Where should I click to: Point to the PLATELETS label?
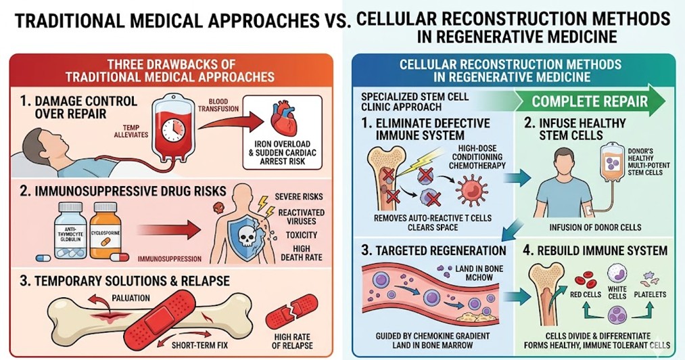(649, 294)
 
